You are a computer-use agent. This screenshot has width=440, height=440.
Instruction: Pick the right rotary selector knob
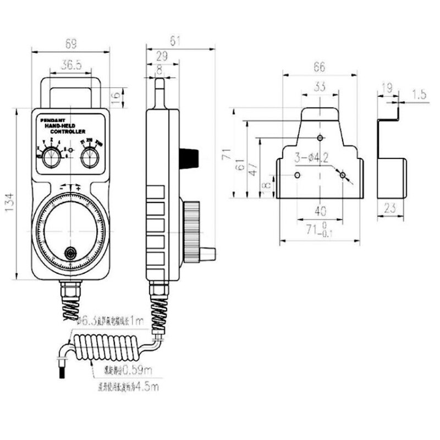click(x=89, y=158)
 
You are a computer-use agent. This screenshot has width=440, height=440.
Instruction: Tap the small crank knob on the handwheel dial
click(x=70, y=253)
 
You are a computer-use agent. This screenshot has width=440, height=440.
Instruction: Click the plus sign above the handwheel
click(x=78, y=188)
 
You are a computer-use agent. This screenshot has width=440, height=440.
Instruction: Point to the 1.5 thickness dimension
click(x=419, y=94)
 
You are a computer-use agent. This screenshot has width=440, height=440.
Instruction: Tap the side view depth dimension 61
click(x=176, y=41)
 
